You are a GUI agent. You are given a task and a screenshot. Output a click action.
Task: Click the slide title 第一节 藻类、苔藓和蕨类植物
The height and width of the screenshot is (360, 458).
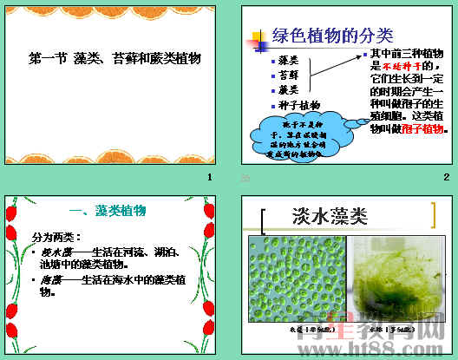tap(114, 59)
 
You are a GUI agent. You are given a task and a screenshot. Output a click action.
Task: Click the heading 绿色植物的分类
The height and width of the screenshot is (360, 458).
tap(332, 36)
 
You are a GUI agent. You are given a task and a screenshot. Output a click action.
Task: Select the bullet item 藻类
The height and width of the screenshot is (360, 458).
tap(289, 60)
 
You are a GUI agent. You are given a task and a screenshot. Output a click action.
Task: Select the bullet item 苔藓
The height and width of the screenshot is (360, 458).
tap(289, 75)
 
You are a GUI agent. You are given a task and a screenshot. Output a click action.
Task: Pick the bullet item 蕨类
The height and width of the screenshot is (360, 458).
tap(289, 89)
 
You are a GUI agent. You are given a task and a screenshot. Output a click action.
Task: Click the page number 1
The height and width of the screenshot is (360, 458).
tap(209, 178)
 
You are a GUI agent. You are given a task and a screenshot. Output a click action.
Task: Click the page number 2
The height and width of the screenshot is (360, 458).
tap(446, 178)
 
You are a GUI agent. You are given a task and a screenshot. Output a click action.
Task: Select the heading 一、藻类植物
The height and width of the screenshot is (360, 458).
tap(108, 211)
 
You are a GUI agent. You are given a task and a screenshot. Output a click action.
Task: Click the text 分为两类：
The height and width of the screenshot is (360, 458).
tap(56, 237)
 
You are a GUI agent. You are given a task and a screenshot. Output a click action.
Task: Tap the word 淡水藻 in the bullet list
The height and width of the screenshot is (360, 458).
tap(55, 252)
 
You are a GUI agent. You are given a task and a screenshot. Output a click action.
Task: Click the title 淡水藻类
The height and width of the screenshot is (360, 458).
tap(330, 214)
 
